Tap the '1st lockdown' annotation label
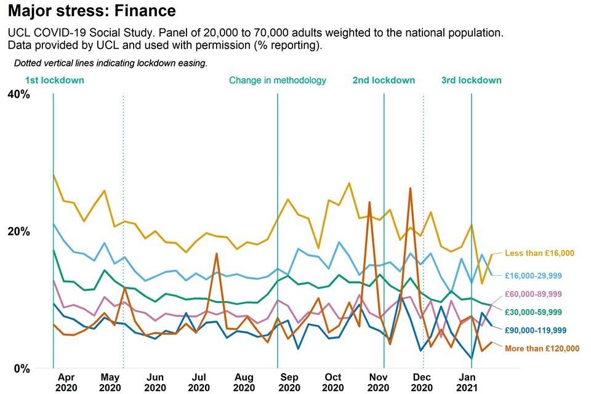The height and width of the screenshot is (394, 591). (x=55, y=80)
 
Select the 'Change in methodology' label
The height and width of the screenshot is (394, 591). (x=278, y=80)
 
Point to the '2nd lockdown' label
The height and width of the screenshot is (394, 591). (x=384, y=80)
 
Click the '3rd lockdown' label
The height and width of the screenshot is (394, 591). (x=472, y=80)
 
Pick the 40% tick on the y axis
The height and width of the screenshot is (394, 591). (x=18, y=94)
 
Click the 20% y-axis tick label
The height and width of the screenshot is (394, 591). (x=18, y=231)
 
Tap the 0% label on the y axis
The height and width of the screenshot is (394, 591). (x=22, y=368)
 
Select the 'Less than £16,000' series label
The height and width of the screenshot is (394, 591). (x=539, y=253)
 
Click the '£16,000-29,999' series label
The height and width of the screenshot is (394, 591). (x=537, y=275)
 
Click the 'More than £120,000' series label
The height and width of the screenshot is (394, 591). (x=542, y=348)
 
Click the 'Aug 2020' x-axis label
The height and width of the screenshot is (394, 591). (x=244, y=382)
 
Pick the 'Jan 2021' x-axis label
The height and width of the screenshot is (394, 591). (x=468, y=382)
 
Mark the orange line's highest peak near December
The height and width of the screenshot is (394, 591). (x=410, y=188)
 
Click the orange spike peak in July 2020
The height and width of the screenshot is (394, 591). (x=217, y=254)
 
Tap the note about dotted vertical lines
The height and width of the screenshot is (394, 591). (x=111, y=63)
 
